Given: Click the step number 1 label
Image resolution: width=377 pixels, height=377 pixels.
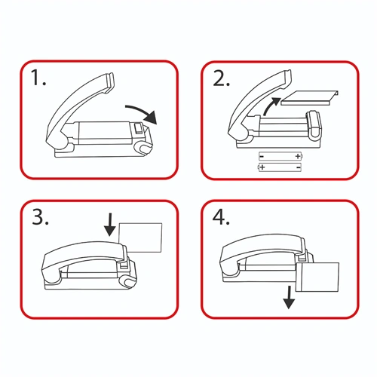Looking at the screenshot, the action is click(38, 78).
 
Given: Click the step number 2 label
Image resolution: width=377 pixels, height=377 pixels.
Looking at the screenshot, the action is click(221, 78).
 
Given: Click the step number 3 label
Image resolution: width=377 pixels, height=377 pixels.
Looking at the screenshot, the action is click(40, 217).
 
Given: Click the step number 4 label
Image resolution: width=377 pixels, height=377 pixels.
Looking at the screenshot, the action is click(221, 217).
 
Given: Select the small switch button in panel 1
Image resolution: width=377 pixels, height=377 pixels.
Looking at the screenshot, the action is click(138, 128).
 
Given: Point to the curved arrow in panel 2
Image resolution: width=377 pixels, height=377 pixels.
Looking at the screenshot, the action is click(270, 106).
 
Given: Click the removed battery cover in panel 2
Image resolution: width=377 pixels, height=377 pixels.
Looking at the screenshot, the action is click(310, 98).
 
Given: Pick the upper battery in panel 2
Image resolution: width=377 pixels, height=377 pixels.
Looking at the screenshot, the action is click(280, 156).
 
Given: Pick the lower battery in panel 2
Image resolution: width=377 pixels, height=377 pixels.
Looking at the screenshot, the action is click(279, 167).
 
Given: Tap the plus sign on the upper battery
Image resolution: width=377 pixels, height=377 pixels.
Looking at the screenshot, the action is click(298, 156).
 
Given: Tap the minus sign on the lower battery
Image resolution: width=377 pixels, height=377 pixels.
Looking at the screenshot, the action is click(299, 167).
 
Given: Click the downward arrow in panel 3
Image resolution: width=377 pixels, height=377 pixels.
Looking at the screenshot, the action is click(110, 225).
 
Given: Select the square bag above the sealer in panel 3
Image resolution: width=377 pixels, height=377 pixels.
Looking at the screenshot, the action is click(140, 238).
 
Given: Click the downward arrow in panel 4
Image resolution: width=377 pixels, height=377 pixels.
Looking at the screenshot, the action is click(289, 297).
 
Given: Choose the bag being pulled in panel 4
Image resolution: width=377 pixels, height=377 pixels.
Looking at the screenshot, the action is click(317, 277).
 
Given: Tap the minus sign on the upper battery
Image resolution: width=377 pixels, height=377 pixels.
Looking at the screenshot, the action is click(262, 156).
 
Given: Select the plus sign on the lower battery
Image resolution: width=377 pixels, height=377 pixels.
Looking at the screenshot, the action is click(262, 167).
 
